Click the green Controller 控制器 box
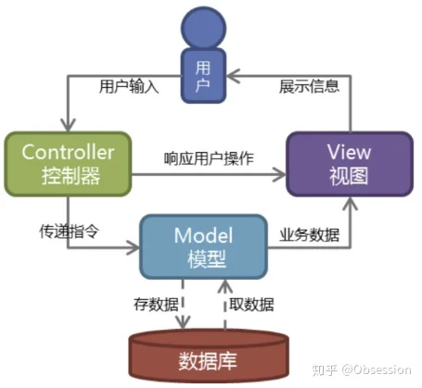coord(68,164)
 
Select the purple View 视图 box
coord(350,164)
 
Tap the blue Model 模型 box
coord(204,247)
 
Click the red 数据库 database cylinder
coord(209,356)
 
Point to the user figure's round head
coord(203,28)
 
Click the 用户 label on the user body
coord(203,77)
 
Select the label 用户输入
coord(129,86)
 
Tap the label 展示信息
coord(309,86)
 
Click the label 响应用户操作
coord(209,158)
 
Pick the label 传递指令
coord(70,232)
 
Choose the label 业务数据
coord(310,235)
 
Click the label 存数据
coord(156,305)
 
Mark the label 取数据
coord(251,305)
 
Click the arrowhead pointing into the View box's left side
coord(279,175)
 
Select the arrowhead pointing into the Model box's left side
coord(133,247)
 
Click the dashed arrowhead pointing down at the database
coord(183,322)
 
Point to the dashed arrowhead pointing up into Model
coord(225,286)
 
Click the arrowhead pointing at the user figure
coord(234,76)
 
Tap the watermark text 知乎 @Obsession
coord(362,369)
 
